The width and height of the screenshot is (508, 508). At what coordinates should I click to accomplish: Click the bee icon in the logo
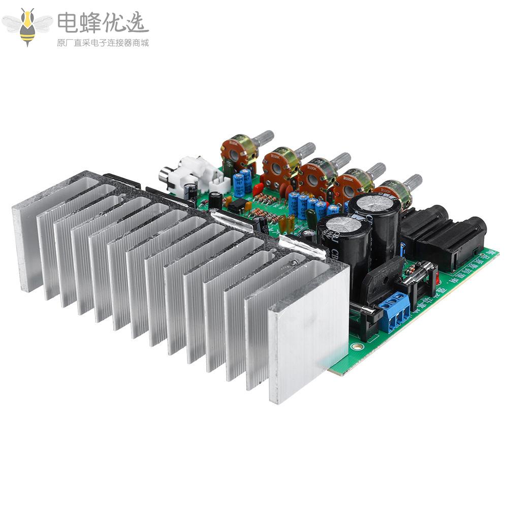coord(27,26)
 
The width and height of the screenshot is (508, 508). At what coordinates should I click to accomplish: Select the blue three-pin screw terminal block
coord(394,311)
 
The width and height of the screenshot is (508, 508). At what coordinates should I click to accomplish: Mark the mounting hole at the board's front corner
coord(358,347)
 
